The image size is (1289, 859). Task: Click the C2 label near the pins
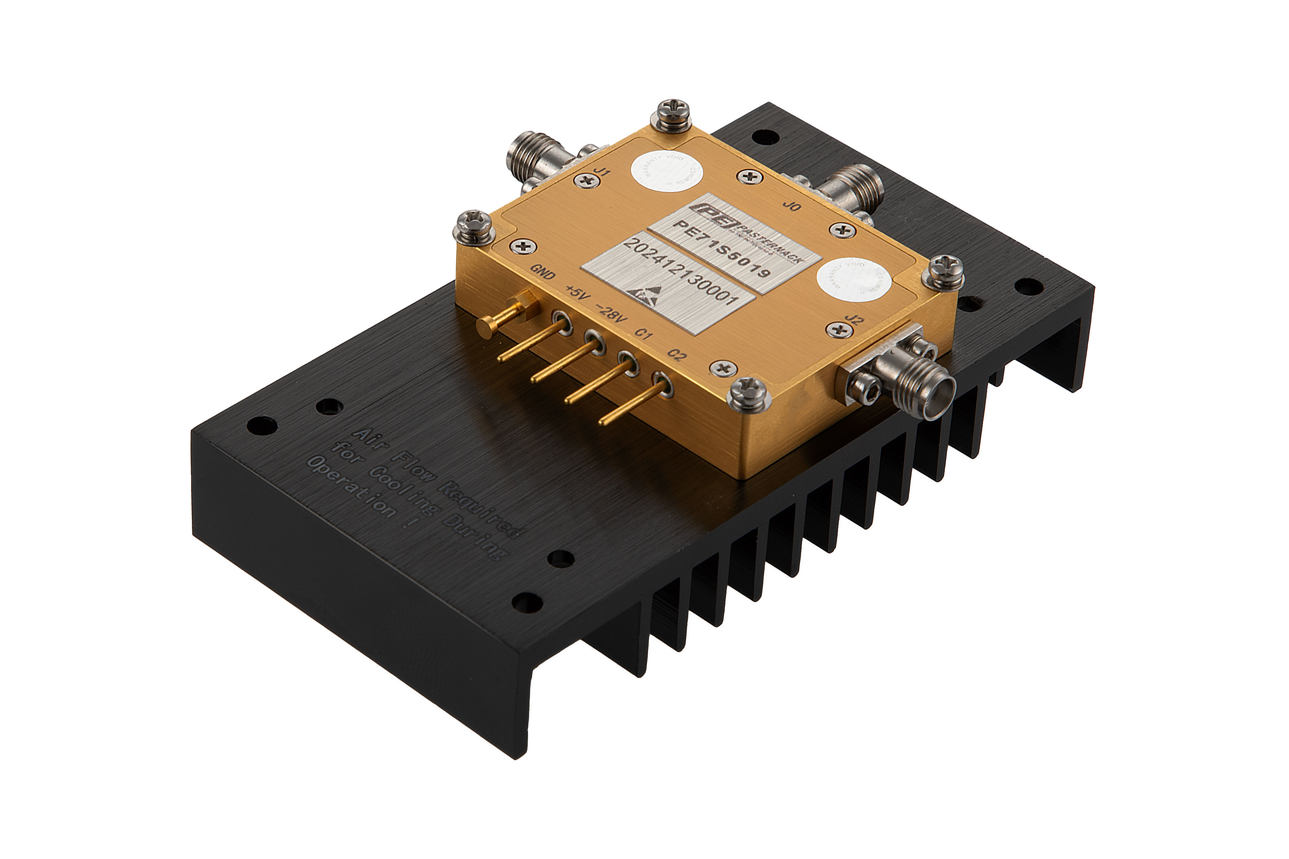pos(677,355)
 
